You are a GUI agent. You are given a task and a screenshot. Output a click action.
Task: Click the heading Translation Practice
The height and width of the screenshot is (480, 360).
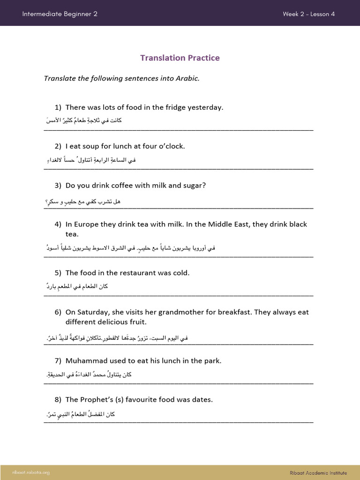(x=180, y=58)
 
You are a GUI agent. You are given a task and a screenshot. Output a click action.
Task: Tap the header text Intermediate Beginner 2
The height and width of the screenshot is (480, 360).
(x=60, y=14)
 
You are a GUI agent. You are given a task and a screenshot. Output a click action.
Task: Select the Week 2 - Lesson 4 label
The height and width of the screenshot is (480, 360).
(x=308, y=14)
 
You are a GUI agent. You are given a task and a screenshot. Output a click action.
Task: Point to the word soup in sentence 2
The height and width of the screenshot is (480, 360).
(x=93, y=146)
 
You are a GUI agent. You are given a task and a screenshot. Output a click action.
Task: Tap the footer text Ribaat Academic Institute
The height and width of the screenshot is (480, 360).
(x=318, y=472)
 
